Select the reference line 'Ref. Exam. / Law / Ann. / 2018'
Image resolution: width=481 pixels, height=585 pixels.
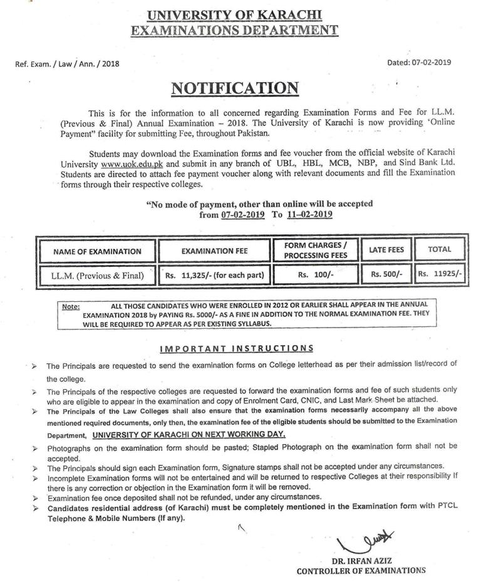tap(66, 63)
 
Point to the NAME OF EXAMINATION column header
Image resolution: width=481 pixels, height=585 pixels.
tap(97, 251)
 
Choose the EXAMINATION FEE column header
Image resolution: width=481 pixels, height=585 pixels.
tap(214, 251)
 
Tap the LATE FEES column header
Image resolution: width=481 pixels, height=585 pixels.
tap(386, 250)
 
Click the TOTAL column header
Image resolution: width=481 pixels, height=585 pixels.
tap(439, 249)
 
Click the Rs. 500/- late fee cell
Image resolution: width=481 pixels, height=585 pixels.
tap(386, 274)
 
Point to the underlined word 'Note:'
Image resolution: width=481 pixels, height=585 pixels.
tap(71, 307)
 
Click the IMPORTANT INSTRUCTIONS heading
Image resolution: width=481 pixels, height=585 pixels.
tap(236, 348)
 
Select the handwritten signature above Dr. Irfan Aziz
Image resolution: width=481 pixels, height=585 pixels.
tap(366, 541)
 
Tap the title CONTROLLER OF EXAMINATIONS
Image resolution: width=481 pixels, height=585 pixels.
tap(361, 571)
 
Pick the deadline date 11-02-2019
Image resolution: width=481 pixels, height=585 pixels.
tap(309, 214)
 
